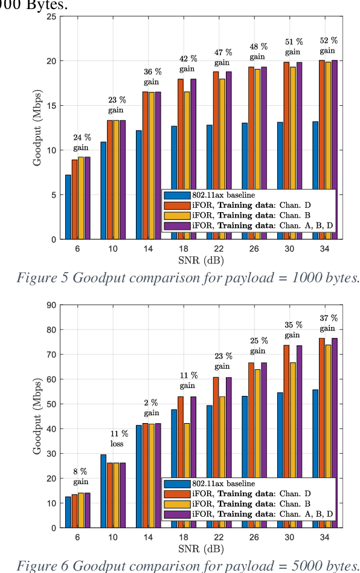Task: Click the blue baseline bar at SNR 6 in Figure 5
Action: (x=68, y=207)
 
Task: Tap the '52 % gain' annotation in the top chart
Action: (x=329, y=46)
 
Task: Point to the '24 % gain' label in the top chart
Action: (x=82, y=143)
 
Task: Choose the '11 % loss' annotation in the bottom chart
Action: (x=119, y=439)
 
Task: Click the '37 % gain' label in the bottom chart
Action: (x=329, y=323)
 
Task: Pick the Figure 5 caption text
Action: (x=188, y=278)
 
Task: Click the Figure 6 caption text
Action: (x=188, y=566)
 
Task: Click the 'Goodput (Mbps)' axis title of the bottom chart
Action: (x=37, y=416)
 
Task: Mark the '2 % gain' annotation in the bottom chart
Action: (x=151, y=407)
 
